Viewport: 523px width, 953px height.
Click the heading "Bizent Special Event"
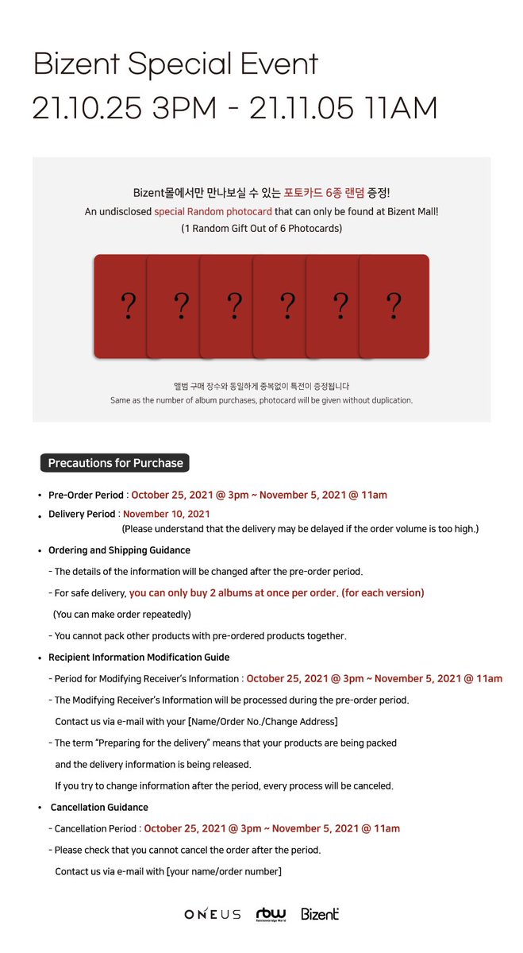click(x=175, y=64)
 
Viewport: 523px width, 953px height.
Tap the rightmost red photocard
click(x=394, y=306)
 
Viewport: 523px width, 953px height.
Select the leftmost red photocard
click(x=120, y=306)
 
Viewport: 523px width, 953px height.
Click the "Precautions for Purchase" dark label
click(x=115, y=463)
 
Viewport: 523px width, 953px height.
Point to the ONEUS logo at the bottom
click(x=212, y=914)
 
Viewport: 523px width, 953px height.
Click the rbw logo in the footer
click(x=271, y=914)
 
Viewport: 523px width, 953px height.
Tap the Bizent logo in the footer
click(x=320, y=914)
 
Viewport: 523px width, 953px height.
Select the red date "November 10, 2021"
click(x=167, y=514)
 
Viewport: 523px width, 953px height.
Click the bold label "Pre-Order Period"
click(x=87, y=495)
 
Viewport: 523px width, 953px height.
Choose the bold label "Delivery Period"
click(x=82, y=514)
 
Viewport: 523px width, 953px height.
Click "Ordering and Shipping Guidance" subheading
click(x=119, y=550)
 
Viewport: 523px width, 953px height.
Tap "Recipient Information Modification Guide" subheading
click(x=139, y=657)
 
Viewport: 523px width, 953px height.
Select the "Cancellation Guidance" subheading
click(x=99, y=807)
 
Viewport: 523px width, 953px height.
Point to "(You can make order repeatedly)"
click(x=122, y=614)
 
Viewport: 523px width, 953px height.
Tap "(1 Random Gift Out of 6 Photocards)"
click(x=261, y=229)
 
